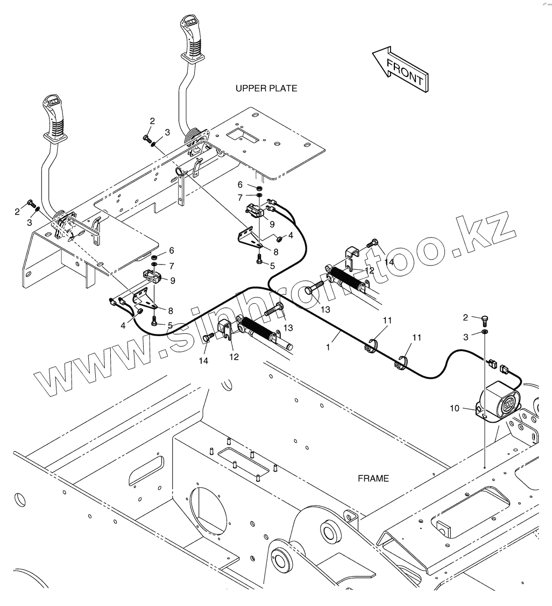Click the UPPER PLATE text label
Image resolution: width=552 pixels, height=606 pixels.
(x=266, y=88)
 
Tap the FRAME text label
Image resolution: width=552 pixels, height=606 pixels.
(x=373, y=478)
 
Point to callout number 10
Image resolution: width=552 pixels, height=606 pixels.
(x=455, y=409)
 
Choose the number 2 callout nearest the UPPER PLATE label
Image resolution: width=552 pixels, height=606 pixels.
(x=152, y=122)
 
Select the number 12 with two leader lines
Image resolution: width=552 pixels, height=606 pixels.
(x=370, y=270)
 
